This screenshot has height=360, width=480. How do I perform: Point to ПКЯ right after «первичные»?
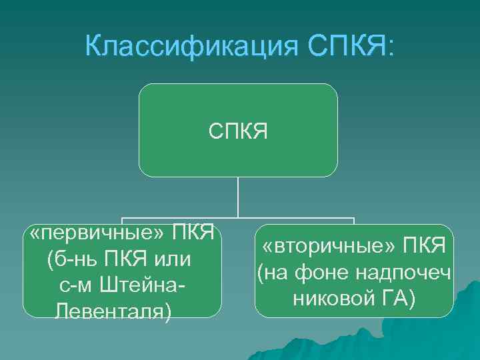(x=193, y=235)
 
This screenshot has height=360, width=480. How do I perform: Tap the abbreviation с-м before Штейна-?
(x=76, y=285)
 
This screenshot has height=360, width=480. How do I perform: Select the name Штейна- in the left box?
(x=142, y=285)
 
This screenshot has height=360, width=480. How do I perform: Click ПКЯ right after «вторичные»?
(x=424, y=247)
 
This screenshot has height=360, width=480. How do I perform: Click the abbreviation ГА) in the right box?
(x=395, y=297)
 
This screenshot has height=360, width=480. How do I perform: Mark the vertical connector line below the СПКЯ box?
(x=238, y=197)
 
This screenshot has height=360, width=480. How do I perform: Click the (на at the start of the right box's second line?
(x=275, y=273)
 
